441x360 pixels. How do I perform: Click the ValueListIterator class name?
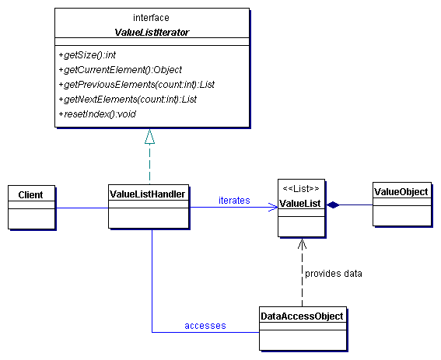pos(152,33)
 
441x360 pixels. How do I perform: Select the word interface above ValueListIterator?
pos(151,18)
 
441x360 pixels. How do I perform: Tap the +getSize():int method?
pos(87,55)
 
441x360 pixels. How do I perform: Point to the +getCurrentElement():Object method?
pos(121,69)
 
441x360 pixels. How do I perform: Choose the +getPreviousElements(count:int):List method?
pos(137,85)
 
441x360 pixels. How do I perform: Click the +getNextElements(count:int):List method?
pos(128,99)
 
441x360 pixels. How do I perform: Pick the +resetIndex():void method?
pos(97,114)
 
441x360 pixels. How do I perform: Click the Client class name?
pos(30,194)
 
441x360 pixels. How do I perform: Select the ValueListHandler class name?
pos(147,194)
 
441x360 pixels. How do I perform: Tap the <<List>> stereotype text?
pos(301,188)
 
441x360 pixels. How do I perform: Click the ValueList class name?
pos(299,203)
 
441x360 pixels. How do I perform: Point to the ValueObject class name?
pos(401,192)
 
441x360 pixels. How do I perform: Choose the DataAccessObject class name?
pos(302,316)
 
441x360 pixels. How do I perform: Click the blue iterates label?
pos(234,201)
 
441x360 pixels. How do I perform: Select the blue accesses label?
pos(205,326)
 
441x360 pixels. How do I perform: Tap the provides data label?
pos(334,274)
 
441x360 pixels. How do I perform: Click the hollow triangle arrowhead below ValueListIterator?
pos(149,137)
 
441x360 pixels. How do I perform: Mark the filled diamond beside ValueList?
pos(333,204)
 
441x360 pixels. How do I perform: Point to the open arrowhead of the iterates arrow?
pos(273,207)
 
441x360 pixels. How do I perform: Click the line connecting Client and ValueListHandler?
pos(82,208)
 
